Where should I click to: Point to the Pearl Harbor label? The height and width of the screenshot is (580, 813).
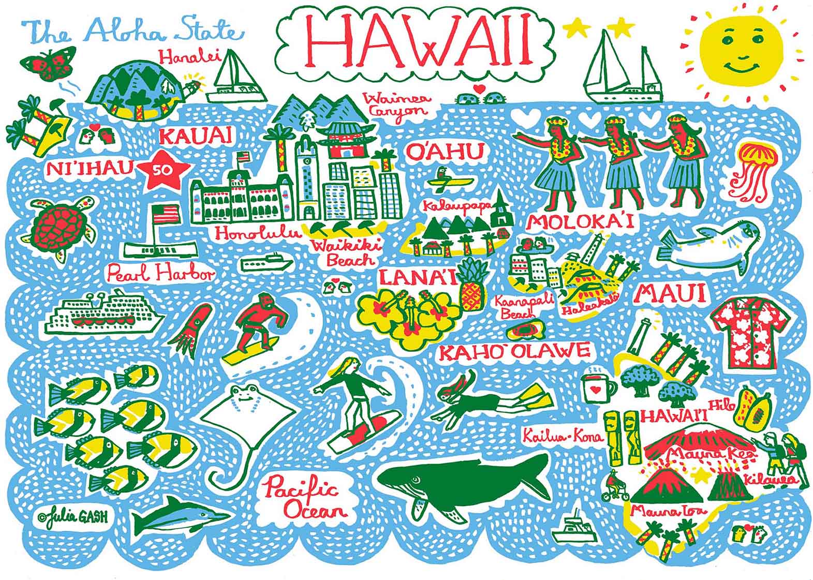click(160, 273)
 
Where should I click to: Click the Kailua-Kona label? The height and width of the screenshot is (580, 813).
click(563, 436)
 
